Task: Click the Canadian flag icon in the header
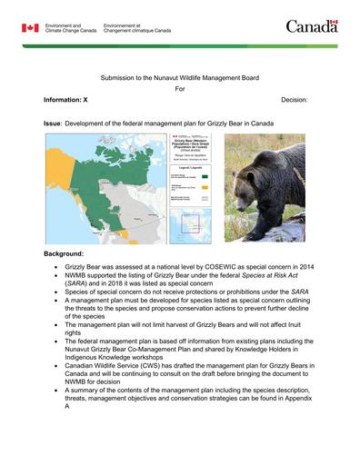click(30, 28)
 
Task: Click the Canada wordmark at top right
click(312, 26)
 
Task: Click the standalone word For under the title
click(179, 90)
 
